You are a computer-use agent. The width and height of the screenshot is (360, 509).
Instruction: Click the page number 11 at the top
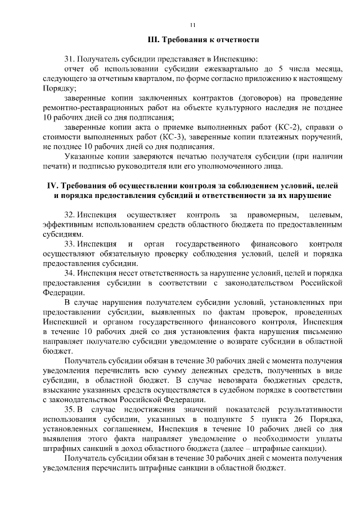[192, 24]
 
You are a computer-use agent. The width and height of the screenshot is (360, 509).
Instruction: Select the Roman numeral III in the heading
[151, 40]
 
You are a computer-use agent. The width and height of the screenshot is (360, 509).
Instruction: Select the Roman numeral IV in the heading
[52, 186]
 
